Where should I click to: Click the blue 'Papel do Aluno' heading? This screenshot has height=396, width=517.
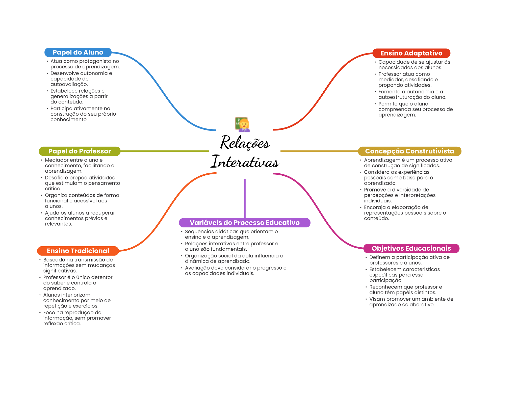click(78, 52)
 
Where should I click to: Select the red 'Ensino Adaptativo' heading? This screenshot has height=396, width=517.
click(411, 53)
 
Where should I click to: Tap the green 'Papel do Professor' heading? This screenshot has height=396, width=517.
click(80, 151)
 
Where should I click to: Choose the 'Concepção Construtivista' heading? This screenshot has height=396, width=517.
click(409, 151)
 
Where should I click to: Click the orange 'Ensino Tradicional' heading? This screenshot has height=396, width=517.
click(78, 251)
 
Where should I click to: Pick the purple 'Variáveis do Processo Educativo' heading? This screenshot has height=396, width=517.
click(244, 223)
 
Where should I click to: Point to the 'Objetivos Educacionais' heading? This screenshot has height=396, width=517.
click(411, 248)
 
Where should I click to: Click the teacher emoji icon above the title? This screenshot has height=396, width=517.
click(242, 124)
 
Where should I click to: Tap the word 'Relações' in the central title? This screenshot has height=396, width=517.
click(245, 143)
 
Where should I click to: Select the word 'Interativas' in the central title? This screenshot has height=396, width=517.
click(245, 162)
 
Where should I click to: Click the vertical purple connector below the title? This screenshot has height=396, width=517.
click(245, 198)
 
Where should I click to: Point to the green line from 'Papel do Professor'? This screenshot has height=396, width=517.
click(164, 151)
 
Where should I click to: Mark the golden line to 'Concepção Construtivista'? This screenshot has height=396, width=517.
click(319, 151)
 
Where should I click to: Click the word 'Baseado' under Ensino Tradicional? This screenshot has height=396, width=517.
click(53, 260)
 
